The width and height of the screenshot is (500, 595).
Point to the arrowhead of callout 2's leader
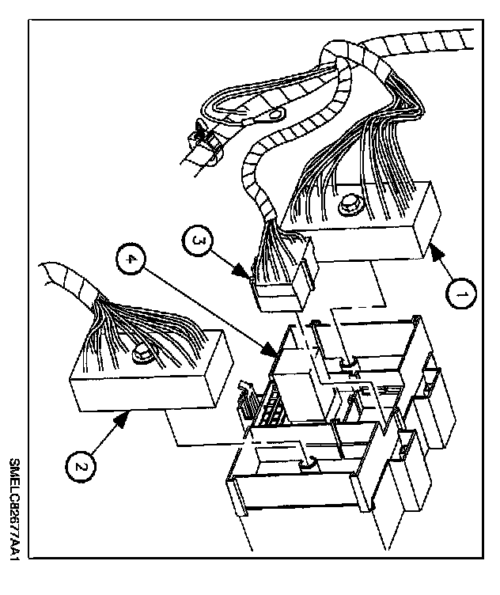[x=127, y=414]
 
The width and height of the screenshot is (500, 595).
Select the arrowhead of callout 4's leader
[x=275, y=351]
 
